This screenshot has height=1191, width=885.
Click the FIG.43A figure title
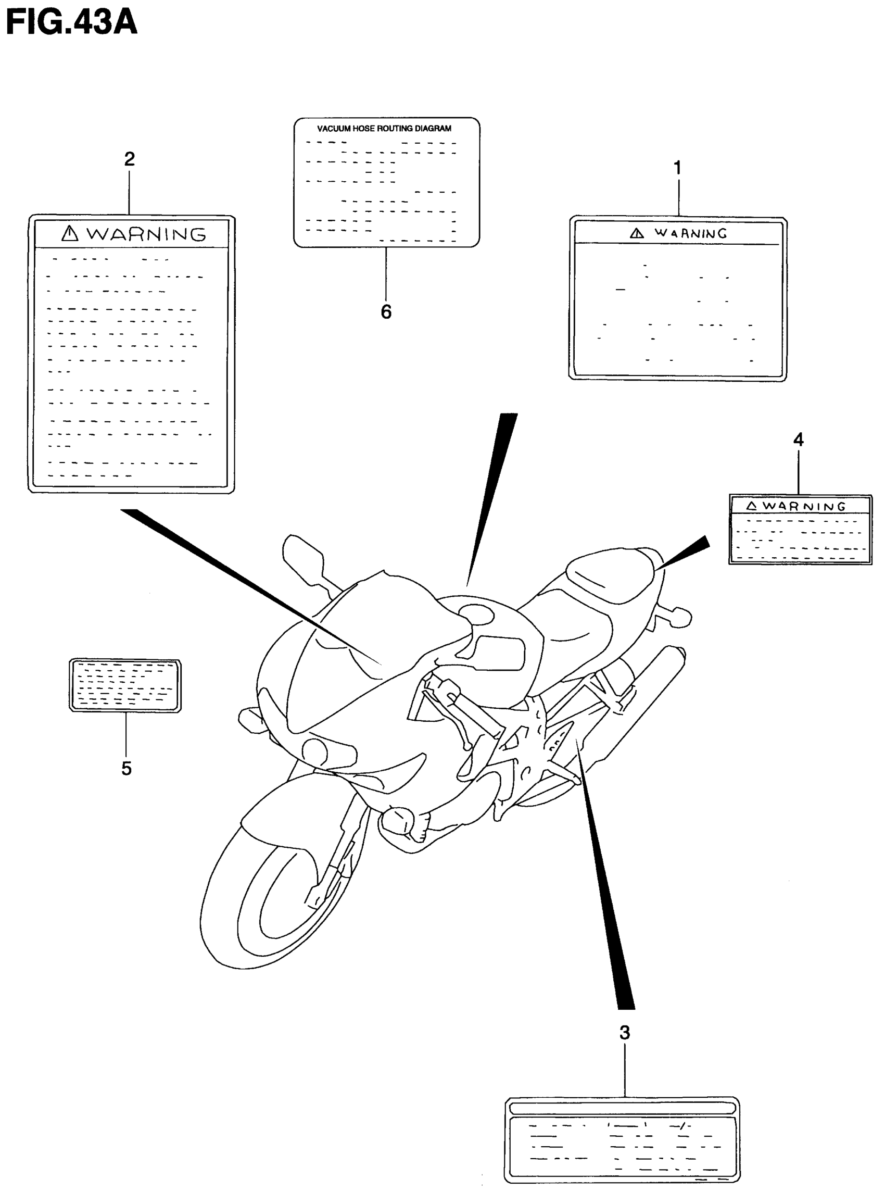(71, 22)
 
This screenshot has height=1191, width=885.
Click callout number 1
(677, 168)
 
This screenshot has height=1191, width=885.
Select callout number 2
(129, 159)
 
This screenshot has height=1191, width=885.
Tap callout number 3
(625, 1032)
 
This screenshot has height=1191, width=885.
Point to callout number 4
(798, 440)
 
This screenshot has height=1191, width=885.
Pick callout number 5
(127, 769)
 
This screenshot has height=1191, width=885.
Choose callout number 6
(386, 312)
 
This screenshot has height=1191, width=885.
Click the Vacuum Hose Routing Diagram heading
(384, 129)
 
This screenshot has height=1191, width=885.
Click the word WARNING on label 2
(146, 234)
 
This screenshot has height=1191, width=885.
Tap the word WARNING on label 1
(690, 234)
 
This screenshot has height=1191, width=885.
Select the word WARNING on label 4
(804, 506)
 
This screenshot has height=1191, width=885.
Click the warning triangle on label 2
(70, 234)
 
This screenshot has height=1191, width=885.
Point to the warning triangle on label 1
(637, 234)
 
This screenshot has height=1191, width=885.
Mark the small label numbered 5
(125, 685)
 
